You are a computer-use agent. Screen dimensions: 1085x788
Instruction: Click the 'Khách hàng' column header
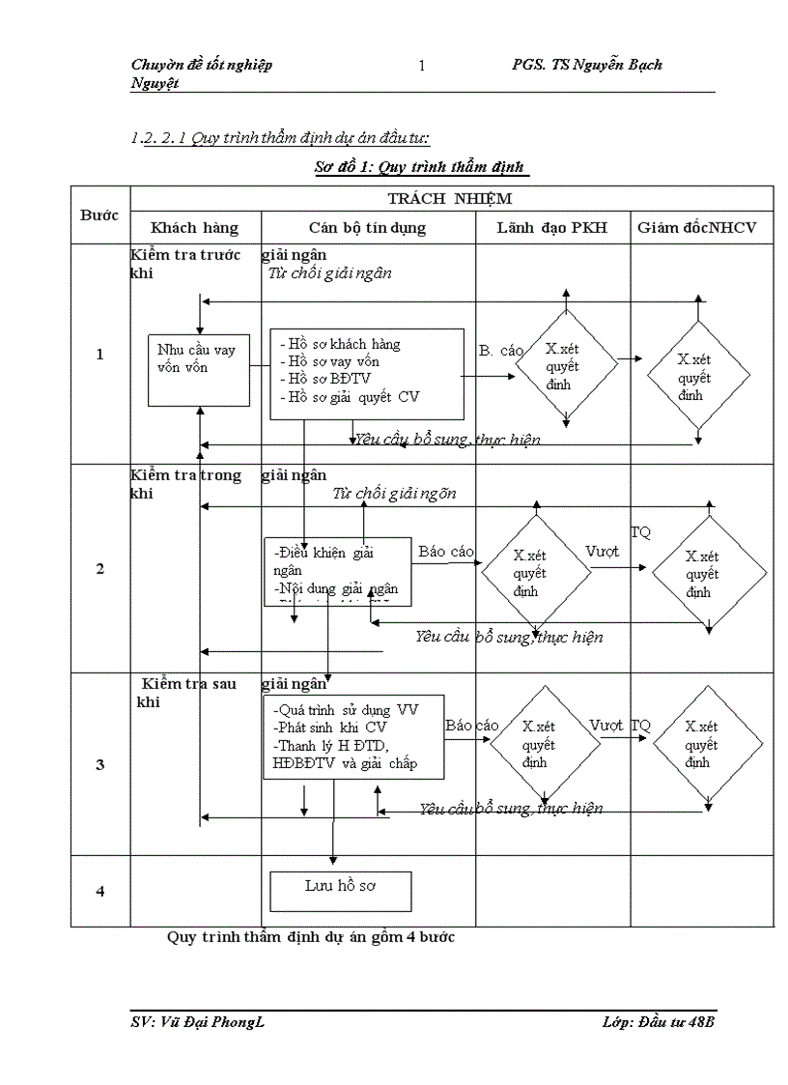point(194,228)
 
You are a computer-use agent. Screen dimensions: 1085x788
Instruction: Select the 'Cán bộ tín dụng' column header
point(367,228)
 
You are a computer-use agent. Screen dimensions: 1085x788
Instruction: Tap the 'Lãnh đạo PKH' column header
point(552,228)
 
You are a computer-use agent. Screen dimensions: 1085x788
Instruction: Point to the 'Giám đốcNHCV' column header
point(697,228)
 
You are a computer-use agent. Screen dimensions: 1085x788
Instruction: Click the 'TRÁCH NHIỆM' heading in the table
point(450,198)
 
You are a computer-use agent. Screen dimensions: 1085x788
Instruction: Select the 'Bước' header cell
point(99,214)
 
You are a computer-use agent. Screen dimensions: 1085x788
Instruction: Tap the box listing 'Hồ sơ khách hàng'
point(366,372)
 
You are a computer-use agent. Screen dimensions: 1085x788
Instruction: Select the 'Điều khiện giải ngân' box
point(337,571)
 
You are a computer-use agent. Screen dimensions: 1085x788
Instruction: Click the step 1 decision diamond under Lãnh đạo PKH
point(566,366)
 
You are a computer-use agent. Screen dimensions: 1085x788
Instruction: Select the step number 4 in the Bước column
point(100,891)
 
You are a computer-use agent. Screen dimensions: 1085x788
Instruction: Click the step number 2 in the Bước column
point(100,568)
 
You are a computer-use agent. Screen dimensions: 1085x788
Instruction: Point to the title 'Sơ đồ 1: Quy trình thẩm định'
point(420,167)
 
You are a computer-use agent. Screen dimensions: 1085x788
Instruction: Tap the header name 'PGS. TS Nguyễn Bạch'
point(587,65)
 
